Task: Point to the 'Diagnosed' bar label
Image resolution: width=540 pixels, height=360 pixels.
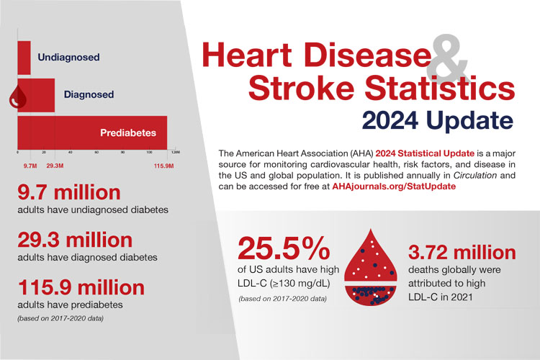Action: pos(89,94)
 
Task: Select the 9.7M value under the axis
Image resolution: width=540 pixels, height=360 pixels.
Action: pos(30,166)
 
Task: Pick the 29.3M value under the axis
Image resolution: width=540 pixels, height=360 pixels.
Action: pos(55,166)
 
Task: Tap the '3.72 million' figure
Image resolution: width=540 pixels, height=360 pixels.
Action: pos(462,253)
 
